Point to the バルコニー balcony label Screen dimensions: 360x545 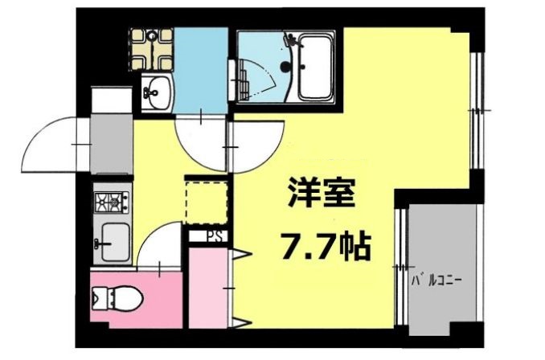tap(440, 281)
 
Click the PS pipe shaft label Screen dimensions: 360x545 tap(215, 236)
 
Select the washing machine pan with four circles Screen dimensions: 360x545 tap(152, 48)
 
